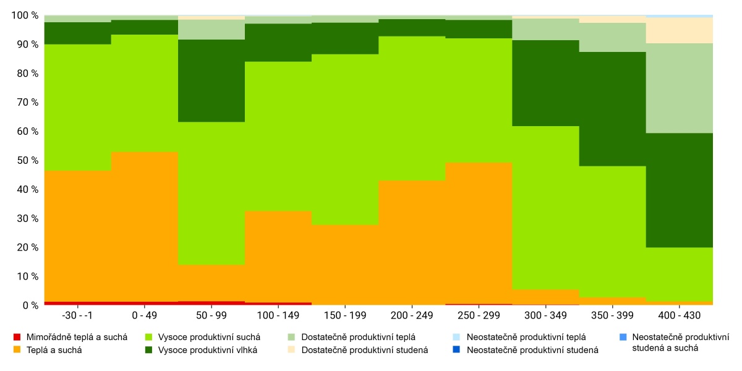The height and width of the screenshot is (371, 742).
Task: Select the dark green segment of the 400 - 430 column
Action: point(680,190)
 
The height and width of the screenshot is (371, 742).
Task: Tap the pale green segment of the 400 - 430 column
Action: point(680,88)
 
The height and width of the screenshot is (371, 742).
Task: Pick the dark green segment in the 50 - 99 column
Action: point(211,80)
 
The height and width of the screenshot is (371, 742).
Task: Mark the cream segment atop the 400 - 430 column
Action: point(680,30)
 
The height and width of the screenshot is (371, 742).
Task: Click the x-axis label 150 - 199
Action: point(344,315)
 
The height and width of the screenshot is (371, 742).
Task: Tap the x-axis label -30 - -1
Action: point(78,315)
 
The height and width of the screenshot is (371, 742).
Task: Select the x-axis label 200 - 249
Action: point(411,315)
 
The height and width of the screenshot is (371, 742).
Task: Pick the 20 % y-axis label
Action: point(28,247)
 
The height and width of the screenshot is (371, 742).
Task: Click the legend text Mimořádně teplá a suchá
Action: point(77,338)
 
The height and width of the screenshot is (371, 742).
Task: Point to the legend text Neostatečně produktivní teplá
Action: point(526,338)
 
